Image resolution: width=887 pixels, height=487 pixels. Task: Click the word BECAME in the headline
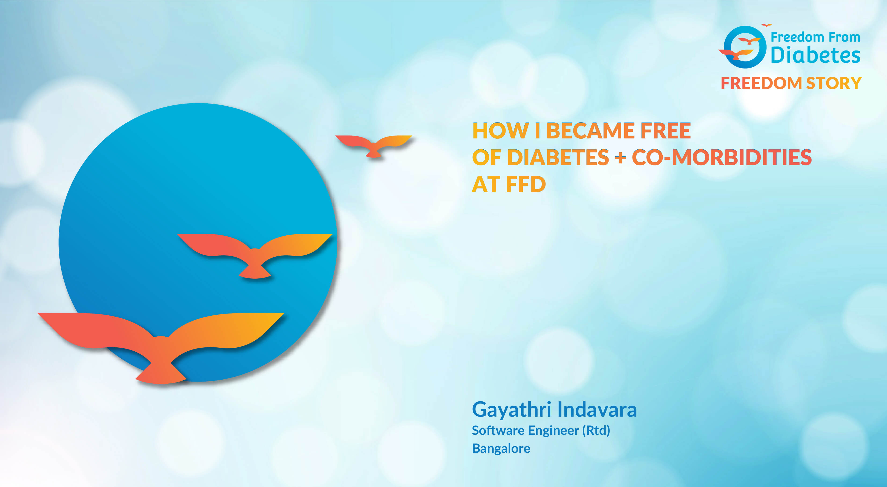591,131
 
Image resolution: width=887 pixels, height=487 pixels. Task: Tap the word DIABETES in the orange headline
558,158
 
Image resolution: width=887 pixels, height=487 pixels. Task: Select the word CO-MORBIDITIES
722,158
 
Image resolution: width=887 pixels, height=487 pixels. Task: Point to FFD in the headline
526,184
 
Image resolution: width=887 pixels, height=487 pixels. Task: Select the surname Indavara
597,410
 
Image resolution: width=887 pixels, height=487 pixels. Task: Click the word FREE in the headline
665,131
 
